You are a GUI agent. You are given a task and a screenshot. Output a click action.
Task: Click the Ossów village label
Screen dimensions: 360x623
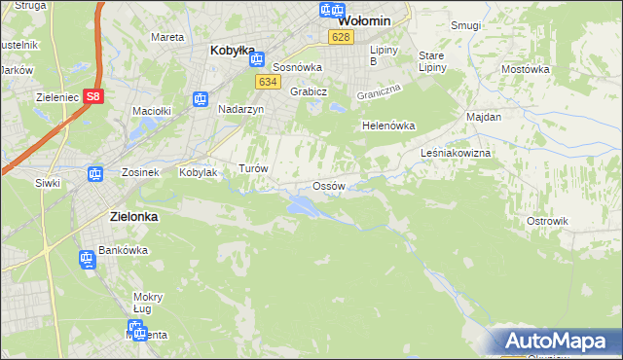click(x=328, y=186)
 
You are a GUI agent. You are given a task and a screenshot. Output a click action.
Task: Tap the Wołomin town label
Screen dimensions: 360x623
click(x=364, y=19)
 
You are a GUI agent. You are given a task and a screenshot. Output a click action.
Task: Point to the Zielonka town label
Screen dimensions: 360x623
click(x=128, y=217)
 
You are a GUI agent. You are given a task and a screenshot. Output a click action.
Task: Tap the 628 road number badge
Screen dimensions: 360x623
click(x=340, y=37)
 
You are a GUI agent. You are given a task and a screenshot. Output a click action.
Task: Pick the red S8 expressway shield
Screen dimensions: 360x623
click(x=92, y=96)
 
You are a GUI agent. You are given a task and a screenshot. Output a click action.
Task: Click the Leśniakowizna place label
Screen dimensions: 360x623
click(x=456, y=154)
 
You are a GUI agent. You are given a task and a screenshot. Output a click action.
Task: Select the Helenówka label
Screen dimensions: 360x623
click(x=388, y=126)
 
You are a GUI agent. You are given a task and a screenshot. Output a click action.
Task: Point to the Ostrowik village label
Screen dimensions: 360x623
click(x=547, y=221)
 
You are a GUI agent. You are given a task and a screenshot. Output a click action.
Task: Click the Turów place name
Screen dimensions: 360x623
click(x=253, y=168)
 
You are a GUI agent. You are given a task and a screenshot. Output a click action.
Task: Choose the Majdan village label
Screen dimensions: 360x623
click(x=484, y=117)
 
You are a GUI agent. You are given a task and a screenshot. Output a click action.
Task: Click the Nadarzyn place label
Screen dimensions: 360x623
click(x=241, y=110)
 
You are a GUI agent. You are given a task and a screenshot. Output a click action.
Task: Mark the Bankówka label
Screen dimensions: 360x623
click(x=122, y=250)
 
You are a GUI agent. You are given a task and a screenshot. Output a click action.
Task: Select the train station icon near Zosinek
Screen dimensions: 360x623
click(x=95, y=174)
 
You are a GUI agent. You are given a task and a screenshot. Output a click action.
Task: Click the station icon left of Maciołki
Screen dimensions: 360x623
click(x=200, y=98)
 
